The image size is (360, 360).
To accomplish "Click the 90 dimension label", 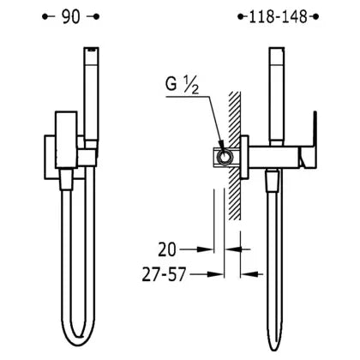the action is pos(71,17).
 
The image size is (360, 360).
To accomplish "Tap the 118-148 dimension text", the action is pos(278,17).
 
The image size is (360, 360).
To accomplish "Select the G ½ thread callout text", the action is pos(182,85).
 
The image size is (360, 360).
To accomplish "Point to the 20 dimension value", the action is pos(167,249).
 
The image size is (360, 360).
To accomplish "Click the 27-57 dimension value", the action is pos(165,274).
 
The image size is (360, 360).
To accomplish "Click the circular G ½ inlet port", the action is pos(224,157).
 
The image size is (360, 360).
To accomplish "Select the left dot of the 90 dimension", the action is pos(45,17).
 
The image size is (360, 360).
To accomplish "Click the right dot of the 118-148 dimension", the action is pos(315,17).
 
